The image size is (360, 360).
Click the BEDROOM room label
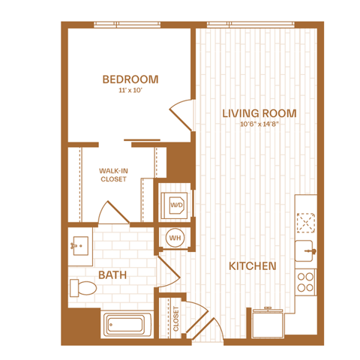tap(130, 79)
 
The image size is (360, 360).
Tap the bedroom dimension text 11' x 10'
tap(130, 90)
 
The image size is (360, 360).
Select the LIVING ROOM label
tap(259, 113)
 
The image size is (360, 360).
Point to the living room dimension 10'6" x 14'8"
tap(259, 124)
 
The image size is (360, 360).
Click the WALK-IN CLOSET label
tap(113, 175)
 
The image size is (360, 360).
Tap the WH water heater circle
tap(175, 238)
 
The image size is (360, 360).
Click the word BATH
tap(112, 275)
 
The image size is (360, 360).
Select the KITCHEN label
tap(253, 266)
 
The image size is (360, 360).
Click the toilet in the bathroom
tap(83, 288)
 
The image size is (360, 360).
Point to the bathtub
tap(127, 325)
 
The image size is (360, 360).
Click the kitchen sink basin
tap(304, 251)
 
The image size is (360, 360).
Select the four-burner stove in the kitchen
tap(305, 282)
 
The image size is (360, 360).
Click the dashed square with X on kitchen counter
tap(305, 223)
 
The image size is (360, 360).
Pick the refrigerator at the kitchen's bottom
tap(268, 323)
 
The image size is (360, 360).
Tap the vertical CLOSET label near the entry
tap(176, 319)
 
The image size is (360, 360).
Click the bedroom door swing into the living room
tap(181, 115)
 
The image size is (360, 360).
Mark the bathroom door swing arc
tap(169, 271)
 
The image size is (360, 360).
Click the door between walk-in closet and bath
tap(114, 213)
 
